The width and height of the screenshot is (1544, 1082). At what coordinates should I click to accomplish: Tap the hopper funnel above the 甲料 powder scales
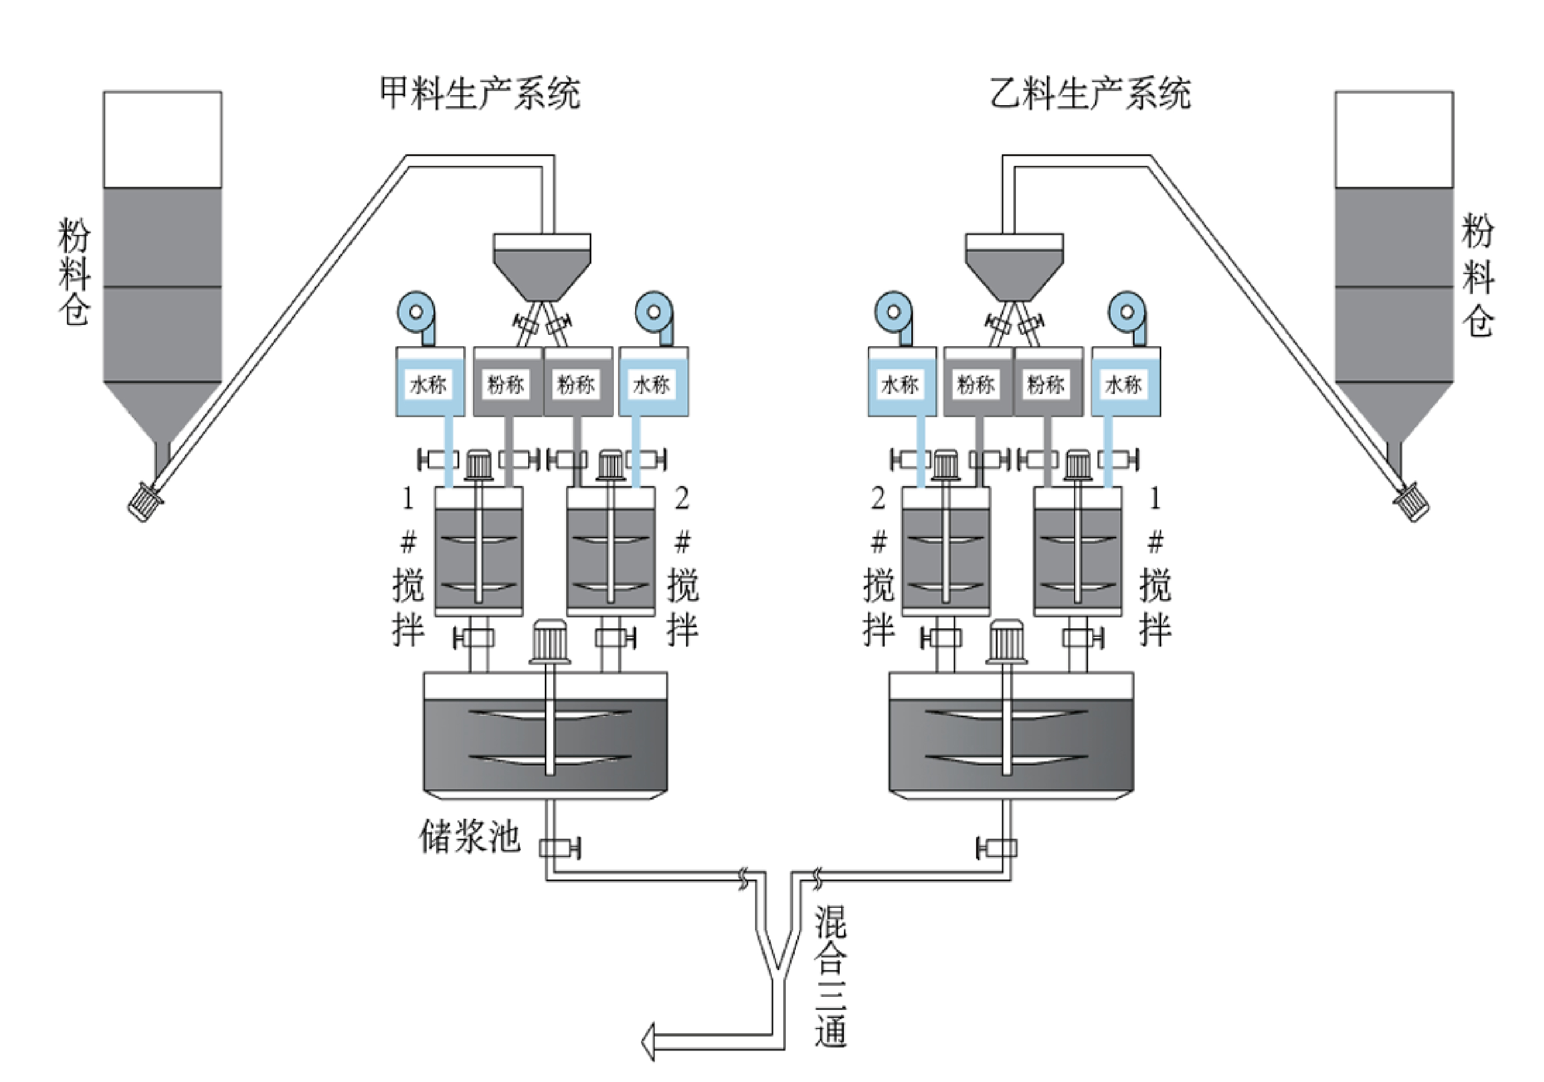pos(542,267)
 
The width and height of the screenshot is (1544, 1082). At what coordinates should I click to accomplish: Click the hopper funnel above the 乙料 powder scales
pos(1014,267)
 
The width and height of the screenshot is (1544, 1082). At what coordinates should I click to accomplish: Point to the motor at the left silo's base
pos(145,501)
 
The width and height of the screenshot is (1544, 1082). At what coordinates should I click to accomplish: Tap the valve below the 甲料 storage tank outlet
pos(558,847)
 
